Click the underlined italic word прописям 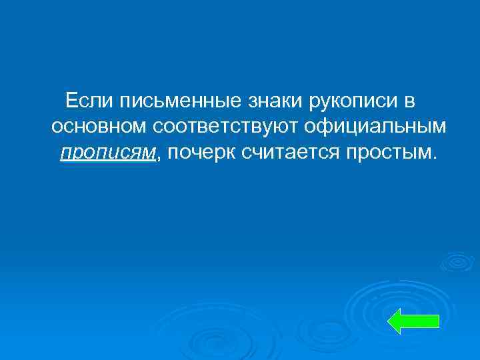click(107, 153)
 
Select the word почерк click(197, 153)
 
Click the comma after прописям click(160, 158)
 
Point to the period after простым click(436, 157)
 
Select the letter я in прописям click(137, 154)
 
